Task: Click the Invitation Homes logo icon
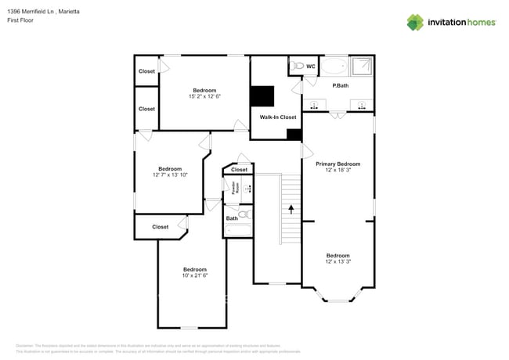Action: pos(415,22)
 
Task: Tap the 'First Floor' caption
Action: pos(21,22)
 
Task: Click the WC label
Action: pos(310,67)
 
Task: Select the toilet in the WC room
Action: pos(296,67)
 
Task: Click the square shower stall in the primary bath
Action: pos(362,67)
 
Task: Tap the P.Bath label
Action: pos(341,85)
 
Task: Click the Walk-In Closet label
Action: pos(278,117)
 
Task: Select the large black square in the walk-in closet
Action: pos(262,95)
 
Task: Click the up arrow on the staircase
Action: pos(291,209)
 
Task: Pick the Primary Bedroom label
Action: pos(338,164)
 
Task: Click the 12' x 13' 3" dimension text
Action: pos(338,262)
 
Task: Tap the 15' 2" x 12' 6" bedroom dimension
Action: pos(205,96)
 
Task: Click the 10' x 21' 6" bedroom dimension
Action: pos(195,275)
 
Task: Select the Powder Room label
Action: pos(234,188)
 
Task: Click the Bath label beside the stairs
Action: pos(232,218)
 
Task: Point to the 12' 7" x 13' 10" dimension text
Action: pos(170,175)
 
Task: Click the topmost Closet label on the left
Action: pos(146,71)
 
